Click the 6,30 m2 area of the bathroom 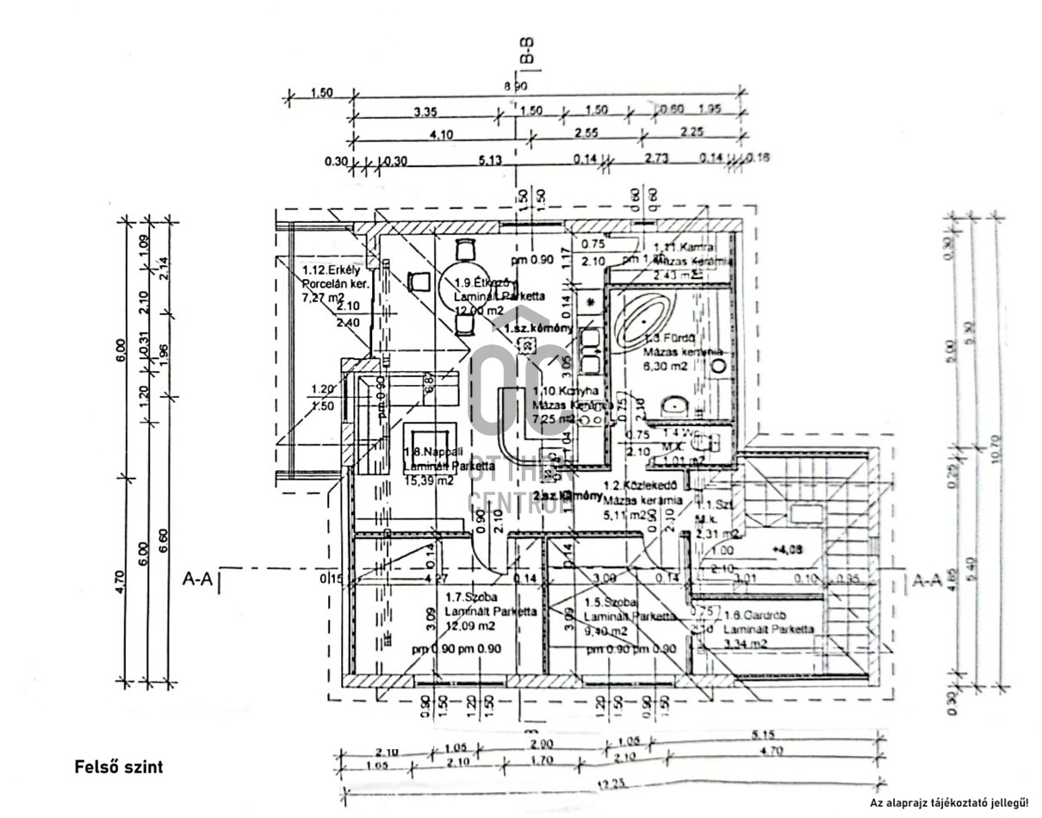667,366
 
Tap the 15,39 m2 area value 429,481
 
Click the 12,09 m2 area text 473,625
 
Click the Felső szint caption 118,765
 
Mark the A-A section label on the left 197,579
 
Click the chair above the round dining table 465,250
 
